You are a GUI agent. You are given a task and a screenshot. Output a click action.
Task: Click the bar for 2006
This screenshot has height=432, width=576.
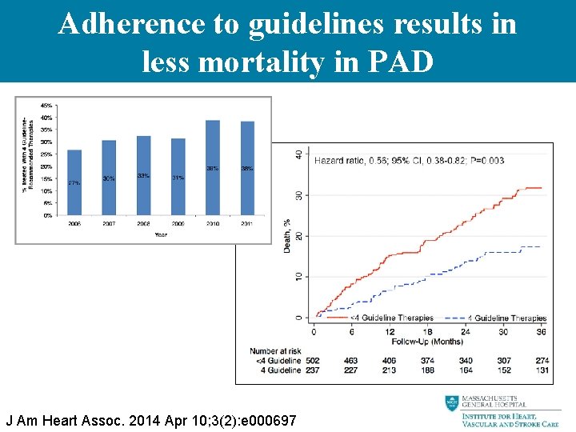[74, 182]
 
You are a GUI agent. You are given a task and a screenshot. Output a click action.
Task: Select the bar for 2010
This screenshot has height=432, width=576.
[213, 168]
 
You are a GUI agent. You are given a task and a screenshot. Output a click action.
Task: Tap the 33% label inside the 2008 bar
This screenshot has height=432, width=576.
[143, 175]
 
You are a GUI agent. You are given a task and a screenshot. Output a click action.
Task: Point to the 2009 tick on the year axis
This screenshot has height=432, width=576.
[178, 224]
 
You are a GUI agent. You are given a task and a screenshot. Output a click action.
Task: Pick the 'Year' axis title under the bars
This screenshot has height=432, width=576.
[161, 235]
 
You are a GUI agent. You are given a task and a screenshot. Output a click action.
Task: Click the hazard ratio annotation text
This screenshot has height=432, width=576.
[409, 161]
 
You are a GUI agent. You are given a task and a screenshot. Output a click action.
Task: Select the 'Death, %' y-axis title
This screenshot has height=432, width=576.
[287, 235]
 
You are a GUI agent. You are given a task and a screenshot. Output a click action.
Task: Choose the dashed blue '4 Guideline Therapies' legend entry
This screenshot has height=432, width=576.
[496, 318]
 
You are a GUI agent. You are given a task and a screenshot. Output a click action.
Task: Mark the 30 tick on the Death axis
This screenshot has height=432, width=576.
[298, 195]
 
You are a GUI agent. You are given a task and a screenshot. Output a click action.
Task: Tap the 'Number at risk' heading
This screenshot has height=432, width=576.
[275, 351]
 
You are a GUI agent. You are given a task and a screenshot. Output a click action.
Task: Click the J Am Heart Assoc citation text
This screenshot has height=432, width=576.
[151, 420]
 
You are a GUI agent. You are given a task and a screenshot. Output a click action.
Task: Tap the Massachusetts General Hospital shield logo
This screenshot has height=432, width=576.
[452, 403]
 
